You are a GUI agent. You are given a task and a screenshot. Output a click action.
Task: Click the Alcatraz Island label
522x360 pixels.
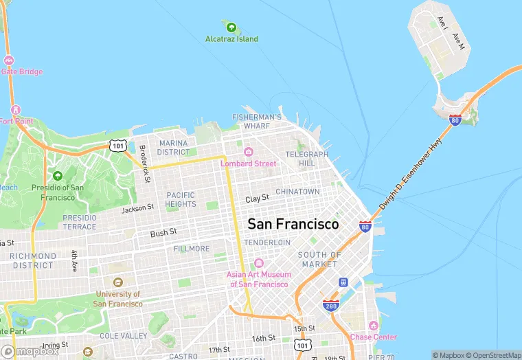pos(232,39)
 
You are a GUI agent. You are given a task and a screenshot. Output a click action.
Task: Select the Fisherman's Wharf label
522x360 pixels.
pos(257,122)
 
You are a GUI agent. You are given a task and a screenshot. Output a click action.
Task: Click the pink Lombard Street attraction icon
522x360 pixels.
pos(248,152)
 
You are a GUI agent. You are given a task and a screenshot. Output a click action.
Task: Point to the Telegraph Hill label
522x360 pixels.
pos(300,158)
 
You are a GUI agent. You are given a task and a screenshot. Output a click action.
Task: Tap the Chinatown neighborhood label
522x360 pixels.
pos(297,191)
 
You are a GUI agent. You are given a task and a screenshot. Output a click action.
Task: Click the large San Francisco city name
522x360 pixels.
pos(293,224)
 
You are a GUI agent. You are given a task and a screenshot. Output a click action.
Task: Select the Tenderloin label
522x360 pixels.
pos(267,243)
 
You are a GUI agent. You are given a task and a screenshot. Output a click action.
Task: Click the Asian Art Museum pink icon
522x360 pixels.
pos(259,263)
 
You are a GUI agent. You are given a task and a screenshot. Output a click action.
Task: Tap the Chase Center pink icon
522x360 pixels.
pos(374,325)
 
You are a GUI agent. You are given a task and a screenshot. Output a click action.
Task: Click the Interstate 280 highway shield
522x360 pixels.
pos(331,304)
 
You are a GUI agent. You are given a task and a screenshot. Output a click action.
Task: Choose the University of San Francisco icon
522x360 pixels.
pos(118,282)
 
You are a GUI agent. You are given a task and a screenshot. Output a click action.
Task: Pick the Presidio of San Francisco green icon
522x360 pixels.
pos(58,177)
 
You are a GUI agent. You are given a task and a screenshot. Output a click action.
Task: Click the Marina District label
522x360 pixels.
pos(174,148)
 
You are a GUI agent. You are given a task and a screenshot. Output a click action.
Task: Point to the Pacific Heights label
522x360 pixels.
pos(181,199)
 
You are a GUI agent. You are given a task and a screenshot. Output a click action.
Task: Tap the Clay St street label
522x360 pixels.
pos(257,198)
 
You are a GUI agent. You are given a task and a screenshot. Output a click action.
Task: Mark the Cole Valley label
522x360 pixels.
pos(123,336)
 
